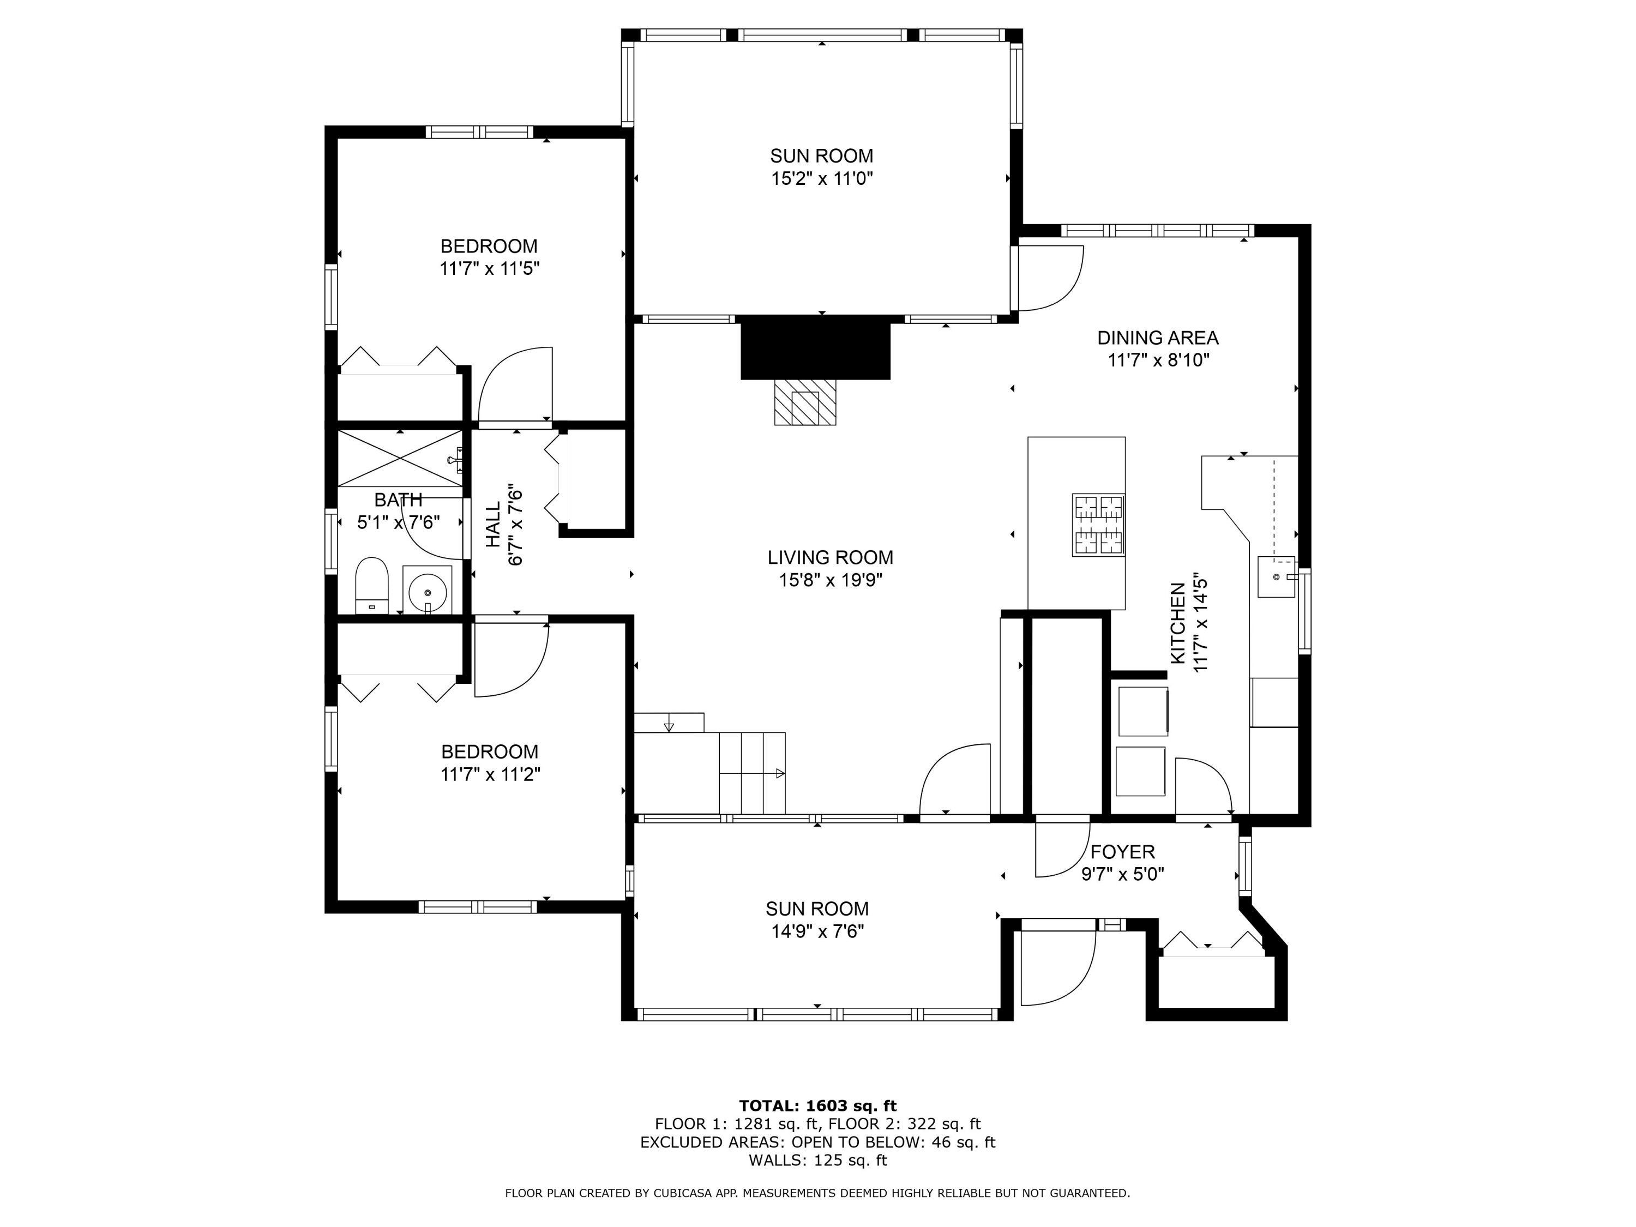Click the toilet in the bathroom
pos(372,585)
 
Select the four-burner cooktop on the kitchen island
pos(1098,525)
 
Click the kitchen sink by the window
pos(1277,576)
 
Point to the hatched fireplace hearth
pos(805,402)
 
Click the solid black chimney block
pos(815,347)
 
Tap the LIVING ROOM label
pos(830,557)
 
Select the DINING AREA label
pos(1158,338)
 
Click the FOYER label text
pos(1123,852)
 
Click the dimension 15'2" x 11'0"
pos(822,178)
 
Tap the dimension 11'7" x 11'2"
pos(490,774)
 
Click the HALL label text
pos(494,525)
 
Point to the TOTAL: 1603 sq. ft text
pos(817,1106)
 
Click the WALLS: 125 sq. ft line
pos(817,1160)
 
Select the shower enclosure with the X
pos(400,458)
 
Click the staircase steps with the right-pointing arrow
pos(752,773)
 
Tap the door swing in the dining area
pos(1051,278)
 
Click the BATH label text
pos(398,500)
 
